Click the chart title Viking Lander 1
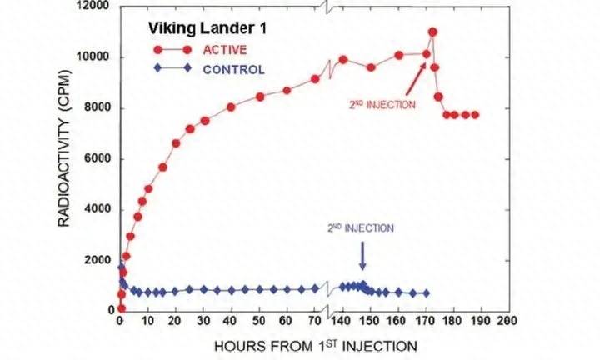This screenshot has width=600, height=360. pos(207,28)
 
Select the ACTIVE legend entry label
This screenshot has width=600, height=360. pos(225,50)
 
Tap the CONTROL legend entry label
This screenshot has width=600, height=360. pos(233,70)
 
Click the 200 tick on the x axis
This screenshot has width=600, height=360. pos(507,321)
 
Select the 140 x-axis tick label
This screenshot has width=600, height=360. pos(341,321)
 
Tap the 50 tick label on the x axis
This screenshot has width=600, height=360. pos(259,321)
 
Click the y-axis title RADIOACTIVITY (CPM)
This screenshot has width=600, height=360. pos(64,148)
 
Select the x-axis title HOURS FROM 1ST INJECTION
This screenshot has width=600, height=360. pos(316,346)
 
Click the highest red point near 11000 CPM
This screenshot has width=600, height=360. pos(433,32)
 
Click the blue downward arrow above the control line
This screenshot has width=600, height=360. pos(362,256)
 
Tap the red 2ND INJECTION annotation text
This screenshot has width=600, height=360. pos(382,105)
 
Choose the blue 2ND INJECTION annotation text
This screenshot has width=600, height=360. pos(361,228)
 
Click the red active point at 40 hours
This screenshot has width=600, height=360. pos(231,107)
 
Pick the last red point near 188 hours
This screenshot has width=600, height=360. pos(475,115)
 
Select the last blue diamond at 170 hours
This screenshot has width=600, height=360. pos(427,293)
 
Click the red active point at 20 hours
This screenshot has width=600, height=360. pos(176,143)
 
